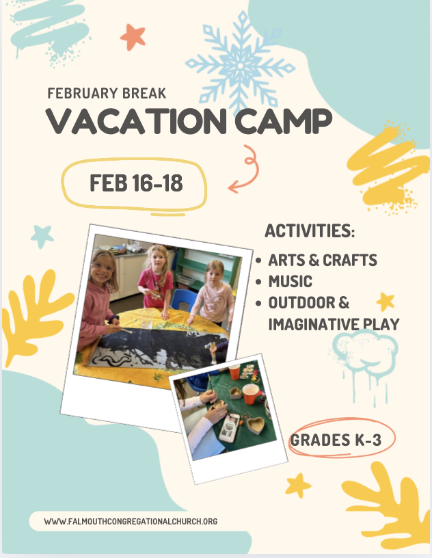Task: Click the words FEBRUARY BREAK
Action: pyautogui.click(x=107, y=93)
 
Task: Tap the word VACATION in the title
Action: pyautogui.click(x=136, y=121)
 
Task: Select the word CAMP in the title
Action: pyautogui.click(x=283, y=121)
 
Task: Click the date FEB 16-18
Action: pyautogui.click(x=136, y=183)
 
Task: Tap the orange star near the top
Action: pyautogui.click(x=133, y=37)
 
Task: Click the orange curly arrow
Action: pyautogui.click(x=245, y=170)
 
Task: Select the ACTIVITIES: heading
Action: pyautogui.click(x=310, y=230)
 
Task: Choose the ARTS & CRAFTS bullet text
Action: pyautogui.click(x=323, y=260)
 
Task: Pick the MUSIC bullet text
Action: pyautogui.click(x=290, y=282)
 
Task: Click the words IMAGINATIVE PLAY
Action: pyautogui.click(x=334, y=324)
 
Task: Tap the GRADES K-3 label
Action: pyautogui.click(x=336, y=440)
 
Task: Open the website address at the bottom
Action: pyautogui.click(x=131, y=521)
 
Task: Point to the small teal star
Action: pyautogui.click(x=42, y=237)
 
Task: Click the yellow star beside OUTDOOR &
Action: pyautogui.click(x=386, y=302)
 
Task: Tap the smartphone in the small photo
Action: pyautogui.click(x=229, y=427)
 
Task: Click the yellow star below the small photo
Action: pyautogui.click(x=298, y=485)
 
